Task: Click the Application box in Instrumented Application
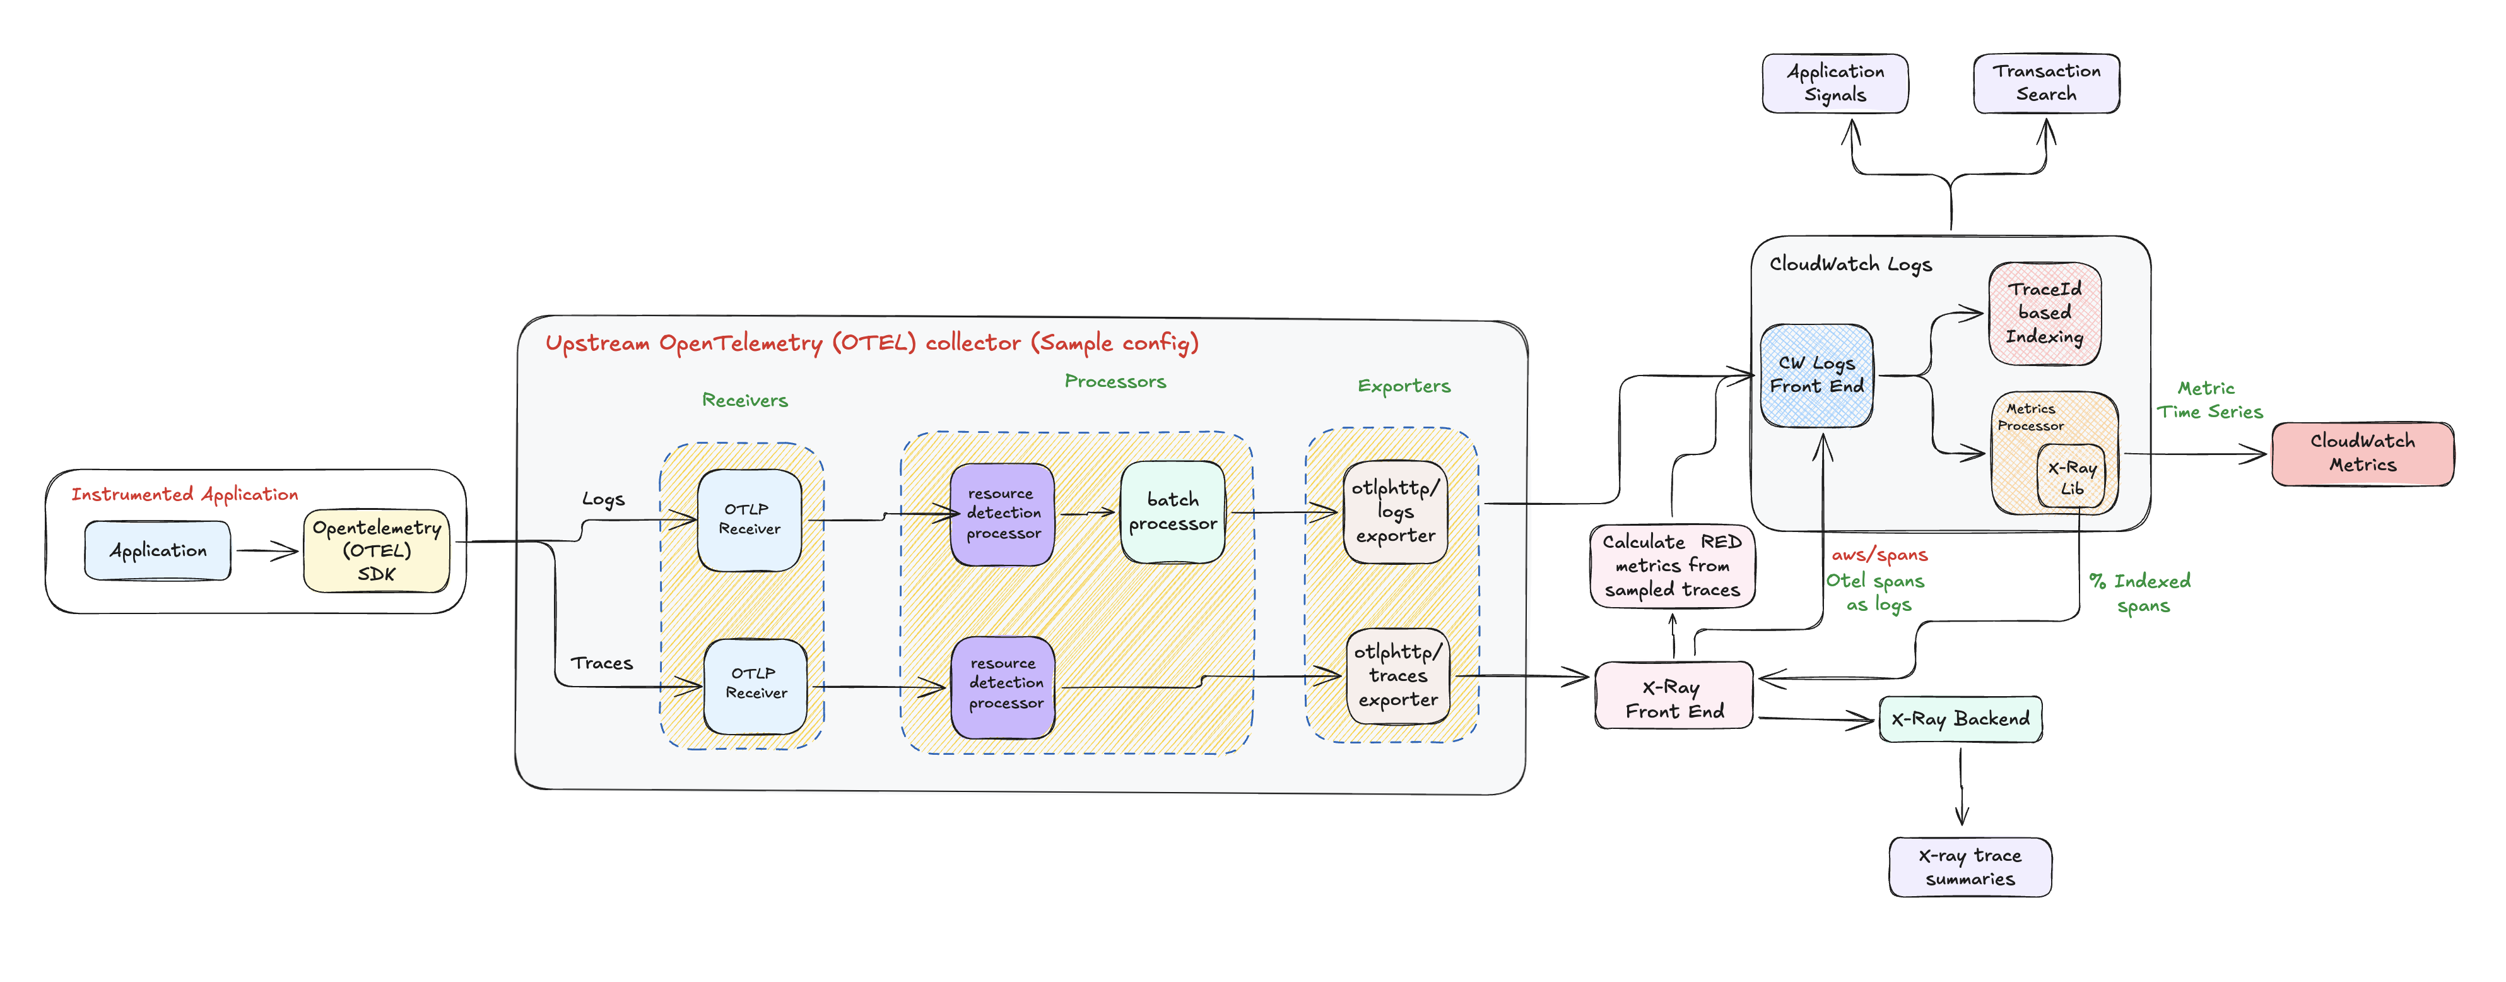(x=158, y=551)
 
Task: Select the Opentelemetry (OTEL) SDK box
(x=377, y=551)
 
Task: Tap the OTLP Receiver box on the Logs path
(x=749, y=519)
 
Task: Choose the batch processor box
(x=1172, y=512)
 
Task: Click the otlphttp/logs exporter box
(x=1395, y=512)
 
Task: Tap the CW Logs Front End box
(x=1816, y=376)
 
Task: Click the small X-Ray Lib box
(x=2071, y=478)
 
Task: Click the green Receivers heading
(x=744, y=400)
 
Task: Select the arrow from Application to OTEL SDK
(x=266, y=552)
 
